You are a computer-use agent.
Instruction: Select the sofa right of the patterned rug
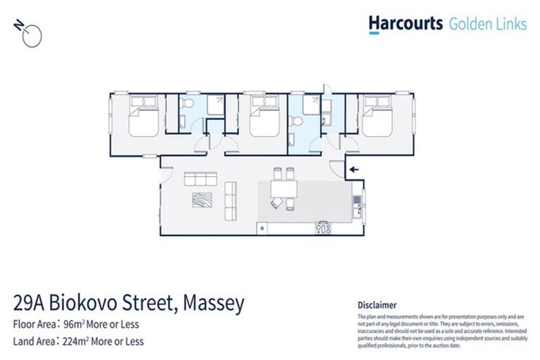(x=229, y=200)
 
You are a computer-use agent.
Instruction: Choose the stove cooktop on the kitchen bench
(x=324, y=227)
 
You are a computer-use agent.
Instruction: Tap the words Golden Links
(x=487, y=25)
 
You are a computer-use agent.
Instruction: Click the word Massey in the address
(x=214, y=304)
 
